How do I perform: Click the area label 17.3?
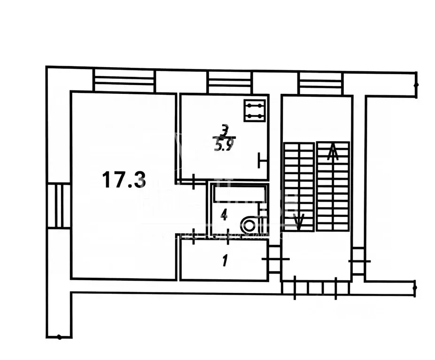pos(124,180)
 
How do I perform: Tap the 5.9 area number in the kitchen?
pos(224,146)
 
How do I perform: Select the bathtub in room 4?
pos(239,192)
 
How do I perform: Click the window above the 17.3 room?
pos(124,80)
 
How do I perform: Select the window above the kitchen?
pos(230,82)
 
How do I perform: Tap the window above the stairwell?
pos(320,83)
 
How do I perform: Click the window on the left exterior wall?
pos(59,206)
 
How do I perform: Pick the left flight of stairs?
pos(299,186)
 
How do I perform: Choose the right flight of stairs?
pos(333,186)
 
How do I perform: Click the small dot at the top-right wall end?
pos(416,85)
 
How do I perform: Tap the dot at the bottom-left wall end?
pos(59,337)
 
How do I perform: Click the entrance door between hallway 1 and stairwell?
pos(275,259)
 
